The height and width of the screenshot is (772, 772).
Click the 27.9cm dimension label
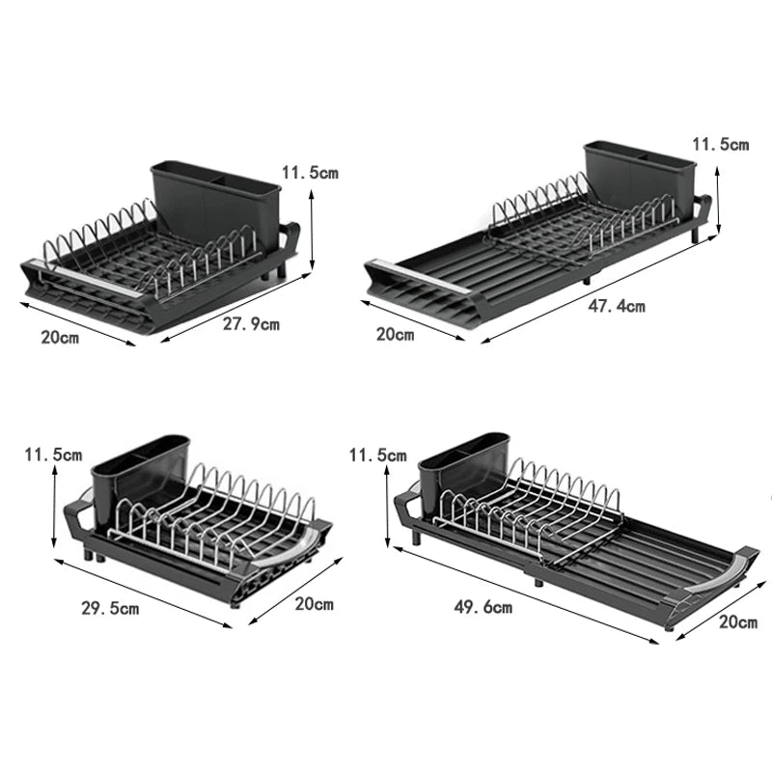(251, 324)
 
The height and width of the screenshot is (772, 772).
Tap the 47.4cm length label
(617, 307)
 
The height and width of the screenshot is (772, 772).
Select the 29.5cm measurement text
(111, 609)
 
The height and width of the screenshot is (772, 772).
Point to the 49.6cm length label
(483, 607)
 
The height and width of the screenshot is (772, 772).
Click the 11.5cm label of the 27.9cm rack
(310, 173)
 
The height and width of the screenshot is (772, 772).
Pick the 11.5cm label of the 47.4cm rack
(720, 145)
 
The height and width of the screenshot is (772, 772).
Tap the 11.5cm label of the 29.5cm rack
(53, 454)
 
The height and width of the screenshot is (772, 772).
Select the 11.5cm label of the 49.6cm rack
(377, 454)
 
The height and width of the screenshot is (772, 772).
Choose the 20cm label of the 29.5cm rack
(314, 604)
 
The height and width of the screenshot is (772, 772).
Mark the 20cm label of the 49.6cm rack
(738, 622)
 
